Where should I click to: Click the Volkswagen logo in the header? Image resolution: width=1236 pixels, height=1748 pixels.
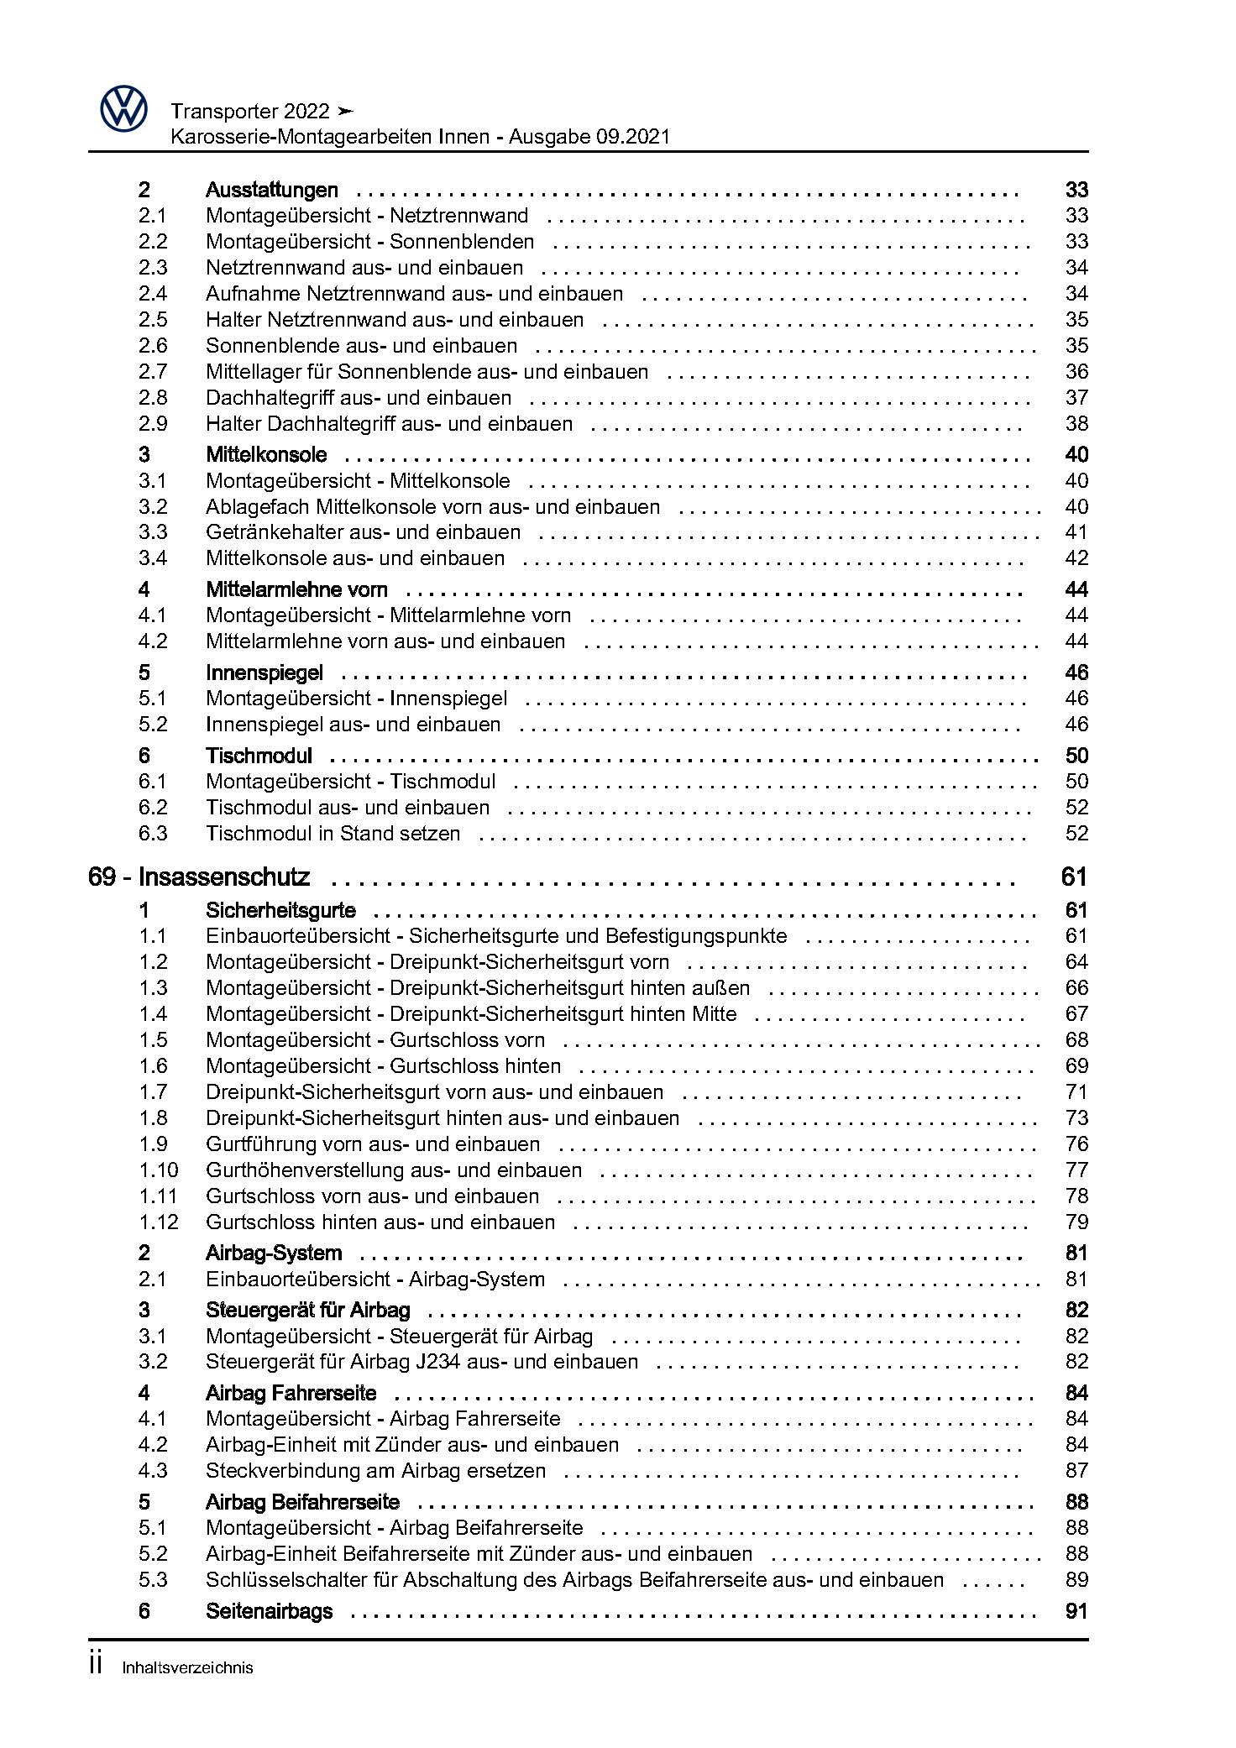coord(123,110)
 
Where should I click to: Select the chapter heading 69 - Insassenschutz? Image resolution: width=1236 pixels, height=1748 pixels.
coord(199,877)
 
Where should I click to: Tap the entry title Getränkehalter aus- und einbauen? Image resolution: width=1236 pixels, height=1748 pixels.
coord(363,532)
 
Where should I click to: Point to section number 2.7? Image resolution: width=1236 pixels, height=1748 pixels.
coord(153,372)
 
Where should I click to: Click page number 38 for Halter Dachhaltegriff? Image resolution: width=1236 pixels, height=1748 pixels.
coord(1076,424)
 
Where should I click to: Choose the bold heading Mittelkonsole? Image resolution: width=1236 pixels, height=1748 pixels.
coord(266,455)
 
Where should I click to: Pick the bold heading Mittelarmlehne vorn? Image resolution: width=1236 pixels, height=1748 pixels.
coord(296,589)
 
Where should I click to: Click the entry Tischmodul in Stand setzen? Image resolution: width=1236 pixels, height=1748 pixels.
coord(333,834)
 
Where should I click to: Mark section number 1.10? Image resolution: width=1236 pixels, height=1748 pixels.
coord(159,1170)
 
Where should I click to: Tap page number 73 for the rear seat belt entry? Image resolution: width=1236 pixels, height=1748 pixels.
coord(1076,1118)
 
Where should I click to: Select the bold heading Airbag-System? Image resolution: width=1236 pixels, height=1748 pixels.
coord(274,1253)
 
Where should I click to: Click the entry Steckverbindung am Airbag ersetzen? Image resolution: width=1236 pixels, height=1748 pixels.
coord(375,1471)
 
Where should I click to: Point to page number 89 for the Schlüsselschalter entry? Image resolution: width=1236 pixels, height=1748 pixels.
coord(1076,1580)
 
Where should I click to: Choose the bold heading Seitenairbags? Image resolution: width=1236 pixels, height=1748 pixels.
coord(269,1612)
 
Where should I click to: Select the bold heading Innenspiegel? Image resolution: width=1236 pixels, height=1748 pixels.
coord(264,673)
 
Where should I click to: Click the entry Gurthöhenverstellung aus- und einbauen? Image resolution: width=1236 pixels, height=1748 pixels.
coord(393,1170)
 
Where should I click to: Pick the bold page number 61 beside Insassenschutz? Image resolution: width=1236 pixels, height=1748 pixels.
coord(1074,877)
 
